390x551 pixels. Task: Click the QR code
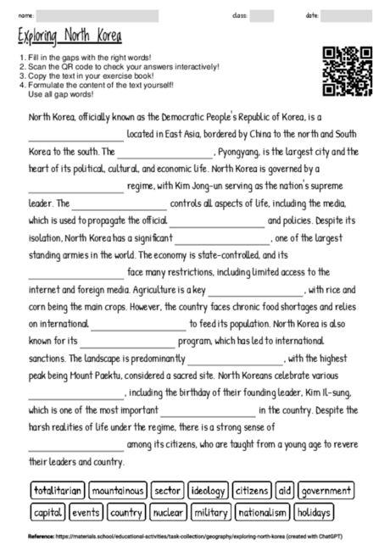[348, 72]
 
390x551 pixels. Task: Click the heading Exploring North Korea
[70, 37]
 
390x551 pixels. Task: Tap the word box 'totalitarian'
[58, 491]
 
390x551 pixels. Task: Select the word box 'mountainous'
[118, 491]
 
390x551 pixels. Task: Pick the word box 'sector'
[168, 491]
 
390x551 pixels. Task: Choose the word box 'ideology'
[209, 491]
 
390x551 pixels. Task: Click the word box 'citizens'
[253, 491]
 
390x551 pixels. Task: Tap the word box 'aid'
[285, 491]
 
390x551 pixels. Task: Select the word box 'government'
[326, 491]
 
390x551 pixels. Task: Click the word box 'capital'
[47, 512]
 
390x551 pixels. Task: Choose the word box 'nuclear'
[168, 512]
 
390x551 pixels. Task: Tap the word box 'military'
[210, 512]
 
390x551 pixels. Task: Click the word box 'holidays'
[314, 512]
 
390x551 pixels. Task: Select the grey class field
[261, 15]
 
